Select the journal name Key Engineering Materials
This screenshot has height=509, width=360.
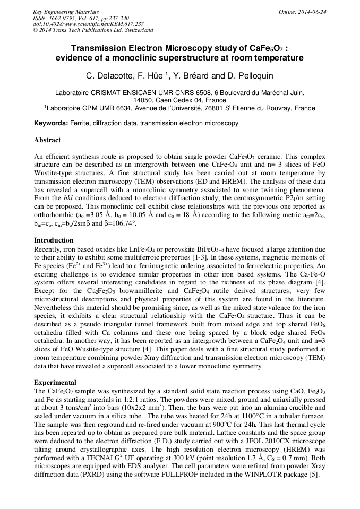coord(65,12)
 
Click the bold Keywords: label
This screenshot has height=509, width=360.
coord(51,123)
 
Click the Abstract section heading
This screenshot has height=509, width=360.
coord(47,140)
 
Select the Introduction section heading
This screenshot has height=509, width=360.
coord(54,240)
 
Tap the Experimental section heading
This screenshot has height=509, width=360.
coord(55,382)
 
